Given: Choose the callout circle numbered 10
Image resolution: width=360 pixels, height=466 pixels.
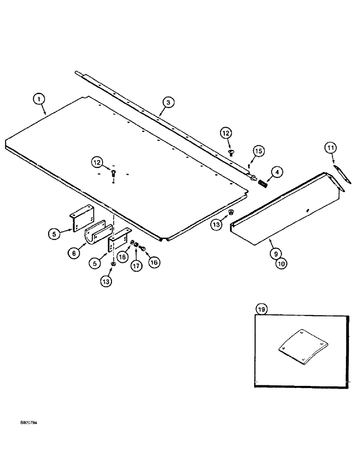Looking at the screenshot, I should pos(281,264).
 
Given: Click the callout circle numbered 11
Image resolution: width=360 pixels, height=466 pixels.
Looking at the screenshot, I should pos(330,148).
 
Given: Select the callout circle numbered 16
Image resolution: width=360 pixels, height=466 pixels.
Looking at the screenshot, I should pos(153,262).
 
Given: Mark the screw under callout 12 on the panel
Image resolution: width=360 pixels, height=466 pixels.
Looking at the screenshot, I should pos(113,174).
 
